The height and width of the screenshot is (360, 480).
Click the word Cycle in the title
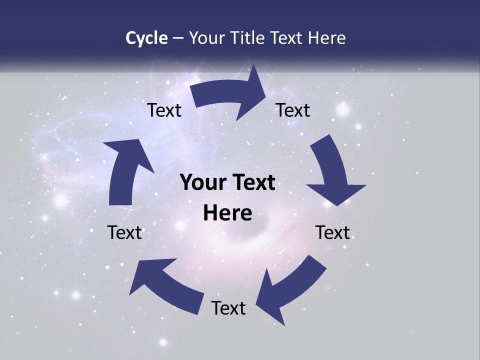pyautogui.click(x=146, y=38)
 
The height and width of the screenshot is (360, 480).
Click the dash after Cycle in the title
pyautogui.click(x=178, y=38)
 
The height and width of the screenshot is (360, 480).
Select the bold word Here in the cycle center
pyautogui.click(x=227, y=213)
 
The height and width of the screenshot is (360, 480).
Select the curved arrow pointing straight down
pyautogui.click(x=332, y=170)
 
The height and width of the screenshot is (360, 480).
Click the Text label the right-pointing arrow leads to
pyautogui.click(x=293, y=110)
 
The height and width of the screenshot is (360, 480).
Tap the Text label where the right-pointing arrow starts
pyautogui.click(x=164, y=110)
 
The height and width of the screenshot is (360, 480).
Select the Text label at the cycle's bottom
pyautogui.click(x=228, y=308)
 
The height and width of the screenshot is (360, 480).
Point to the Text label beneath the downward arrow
pyautogui.click(x=332, y=232)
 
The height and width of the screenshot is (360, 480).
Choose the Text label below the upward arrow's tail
pyautogui.click(x=124, y=232)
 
